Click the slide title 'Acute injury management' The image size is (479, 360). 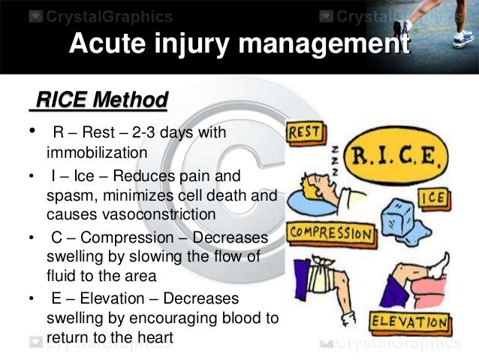pyautogui.click(x=239, y=44)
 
